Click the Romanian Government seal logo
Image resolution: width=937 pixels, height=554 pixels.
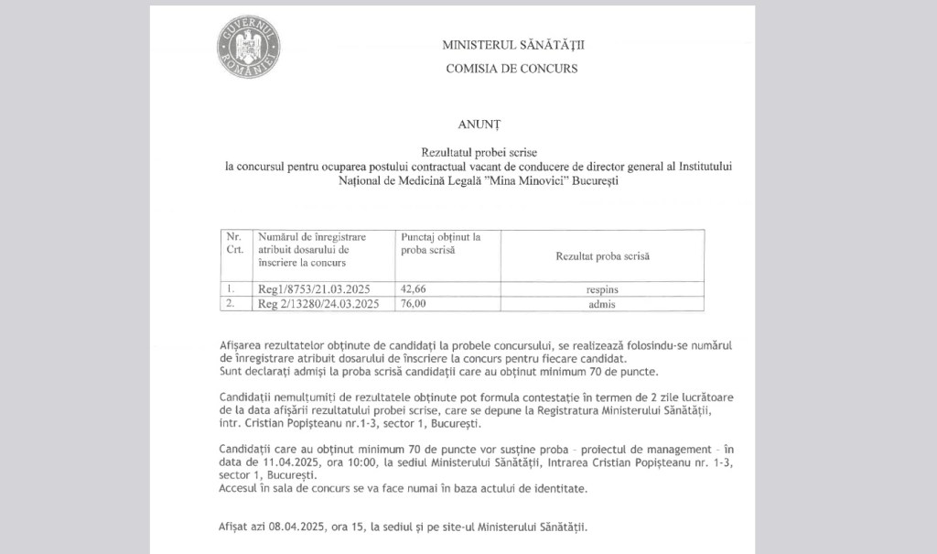pyautogui.click(x=248, y=47)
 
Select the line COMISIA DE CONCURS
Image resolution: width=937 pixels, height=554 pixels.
pyautogui.click(x=512, y=68)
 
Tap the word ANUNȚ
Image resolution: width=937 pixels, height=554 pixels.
pyautogui.click(x=479, y=123)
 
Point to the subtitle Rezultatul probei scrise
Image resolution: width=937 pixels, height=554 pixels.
pyautogui.click(x=479, y=149)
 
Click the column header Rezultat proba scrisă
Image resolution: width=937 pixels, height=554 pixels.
pyautogui.click(x=602, y=256)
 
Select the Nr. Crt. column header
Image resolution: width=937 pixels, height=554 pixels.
pyautogui.click(x=234, y=243)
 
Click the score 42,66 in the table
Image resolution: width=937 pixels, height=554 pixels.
pyautogui.click(x=415, y=289)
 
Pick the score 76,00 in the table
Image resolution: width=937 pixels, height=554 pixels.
pyautogui.click(x=415, y=304)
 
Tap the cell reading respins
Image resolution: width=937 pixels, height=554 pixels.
pyautogui.click(x=602, y=289)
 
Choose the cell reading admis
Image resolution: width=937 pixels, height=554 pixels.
pyautogui.click(x=602, y=304)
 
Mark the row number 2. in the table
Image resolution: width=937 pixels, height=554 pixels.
pyautogui.click(x=232, y=304)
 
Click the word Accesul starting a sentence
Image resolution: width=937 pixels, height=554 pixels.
pyautogui.click(x=242, y=489)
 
